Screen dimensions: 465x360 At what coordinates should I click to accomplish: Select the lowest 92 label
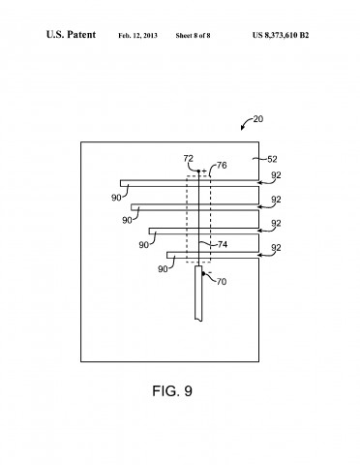[276, 249]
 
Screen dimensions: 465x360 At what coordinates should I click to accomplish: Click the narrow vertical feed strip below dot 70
[199, 300]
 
